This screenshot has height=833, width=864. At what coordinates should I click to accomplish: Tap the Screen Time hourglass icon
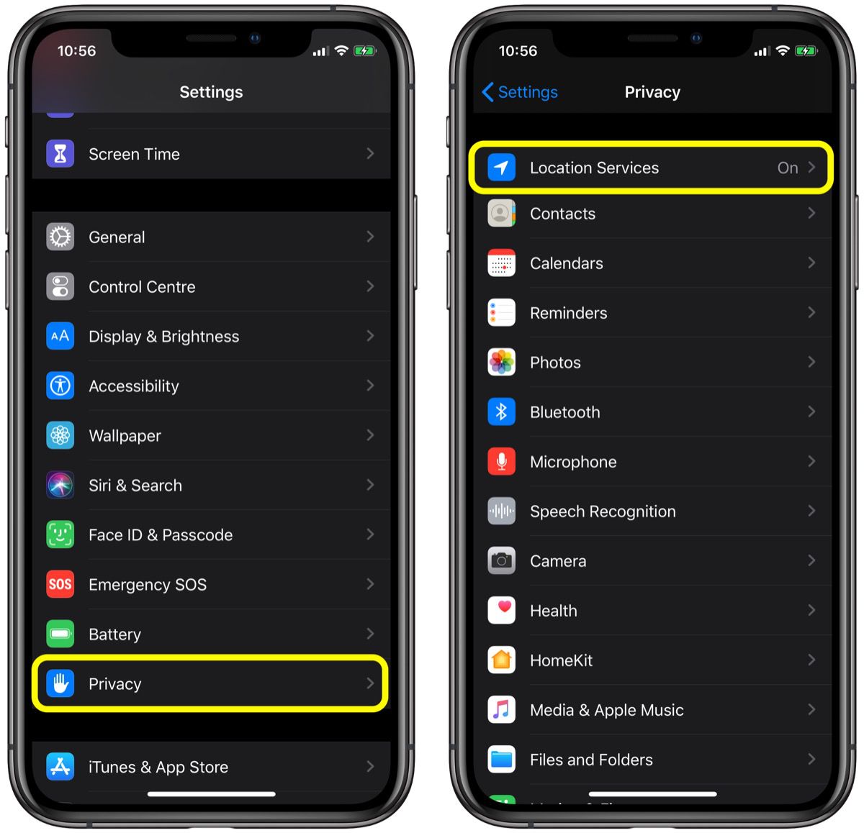60,154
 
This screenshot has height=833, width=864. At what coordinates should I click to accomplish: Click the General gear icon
60,237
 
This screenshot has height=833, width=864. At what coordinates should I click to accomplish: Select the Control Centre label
142,287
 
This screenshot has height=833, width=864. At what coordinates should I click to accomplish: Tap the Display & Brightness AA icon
60,336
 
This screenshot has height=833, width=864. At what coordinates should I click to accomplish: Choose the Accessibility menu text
134,386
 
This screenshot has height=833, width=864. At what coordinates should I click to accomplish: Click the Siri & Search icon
60,486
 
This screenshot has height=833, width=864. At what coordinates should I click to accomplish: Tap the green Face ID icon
60,534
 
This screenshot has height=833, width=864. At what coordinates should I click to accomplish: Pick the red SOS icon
60,584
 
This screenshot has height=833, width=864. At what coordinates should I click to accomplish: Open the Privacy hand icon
60,683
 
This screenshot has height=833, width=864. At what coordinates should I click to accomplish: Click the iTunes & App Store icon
60,767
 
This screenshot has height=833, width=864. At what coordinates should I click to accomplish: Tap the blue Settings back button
520,92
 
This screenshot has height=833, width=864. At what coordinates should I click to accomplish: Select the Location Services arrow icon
502,168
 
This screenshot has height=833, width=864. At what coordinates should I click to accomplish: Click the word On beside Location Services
787,168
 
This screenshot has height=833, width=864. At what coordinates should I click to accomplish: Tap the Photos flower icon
502,362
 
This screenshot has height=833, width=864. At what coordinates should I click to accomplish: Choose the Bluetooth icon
502,411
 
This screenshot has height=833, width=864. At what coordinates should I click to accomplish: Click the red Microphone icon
502,461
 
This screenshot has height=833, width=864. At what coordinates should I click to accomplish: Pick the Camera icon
502,560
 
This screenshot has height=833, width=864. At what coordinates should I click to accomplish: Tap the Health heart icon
502,610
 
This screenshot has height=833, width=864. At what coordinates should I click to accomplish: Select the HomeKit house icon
502,660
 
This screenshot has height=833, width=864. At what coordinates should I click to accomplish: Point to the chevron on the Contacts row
811,213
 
